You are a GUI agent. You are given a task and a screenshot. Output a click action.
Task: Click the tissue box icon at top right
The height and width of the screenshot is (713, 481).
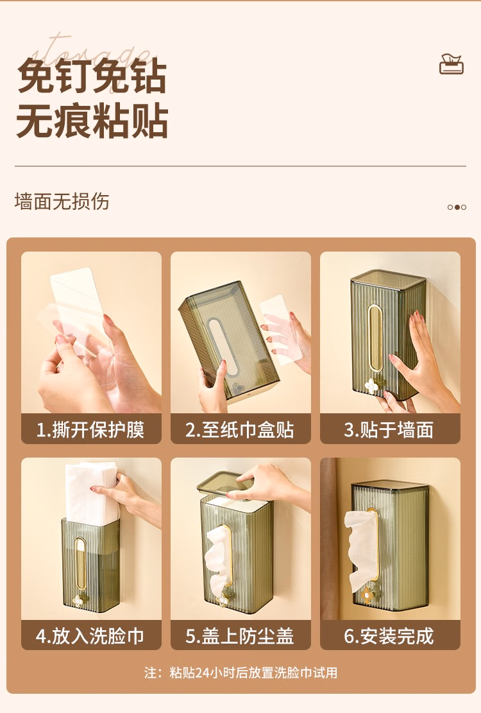tap(451, 64)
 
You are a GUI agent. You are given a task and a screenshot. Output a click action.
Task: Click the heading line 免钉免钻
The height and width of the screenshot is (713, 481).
tap(92, 76)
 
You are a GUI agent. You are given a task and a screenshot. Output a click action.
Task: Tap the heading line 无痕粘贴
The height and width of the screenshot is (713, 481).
tap(92, 121)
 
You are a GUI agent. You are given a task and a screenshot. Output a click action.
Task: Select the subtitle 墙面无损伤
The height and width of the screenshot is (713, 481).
tap(62, 202)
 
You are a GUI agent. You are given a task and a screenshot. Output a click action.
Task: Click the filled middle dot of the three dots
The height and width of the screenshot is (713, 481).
tap(457, 207)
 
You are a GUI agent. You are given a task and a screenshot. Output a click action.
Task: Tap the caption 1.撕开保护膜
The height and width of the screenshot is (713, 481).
tap(90, 430)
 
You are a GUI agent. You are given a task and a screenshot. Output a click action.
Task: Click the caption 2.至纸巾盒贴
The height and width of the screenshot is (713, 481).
tap(240, 430)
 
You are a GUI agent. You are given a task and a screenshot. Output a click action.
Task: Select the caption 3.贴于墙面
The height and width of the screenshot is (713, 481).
tap(389, 430)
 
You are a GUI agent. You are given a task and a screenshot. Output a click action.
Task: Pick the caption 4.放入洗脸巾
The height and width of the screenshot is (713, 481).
tap(90, 636)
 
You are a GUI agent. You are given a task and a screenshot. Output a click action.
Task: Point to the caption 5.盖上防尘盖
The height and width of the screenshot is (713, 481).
tap(240, 636)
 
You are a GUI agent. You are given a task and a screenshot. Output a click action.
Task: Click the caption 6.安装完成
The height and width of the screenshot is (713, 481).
tap(389, 636)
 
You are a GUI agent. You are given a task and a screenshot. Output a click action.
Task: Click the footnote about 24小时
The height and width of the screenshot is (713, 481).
tap(240, 673)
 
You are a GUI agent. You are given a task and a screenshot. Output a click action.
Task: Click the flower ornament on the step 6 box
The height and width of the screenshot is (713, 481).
tap(367, 594)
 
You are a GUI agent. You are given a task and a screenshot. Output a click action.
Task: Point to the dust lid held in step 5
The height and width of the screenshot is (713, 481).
tap(226, 485)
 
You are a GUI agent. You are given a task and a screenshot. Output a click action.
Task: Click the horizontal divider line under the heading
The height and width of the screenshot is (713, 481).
tap(240, 166)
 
